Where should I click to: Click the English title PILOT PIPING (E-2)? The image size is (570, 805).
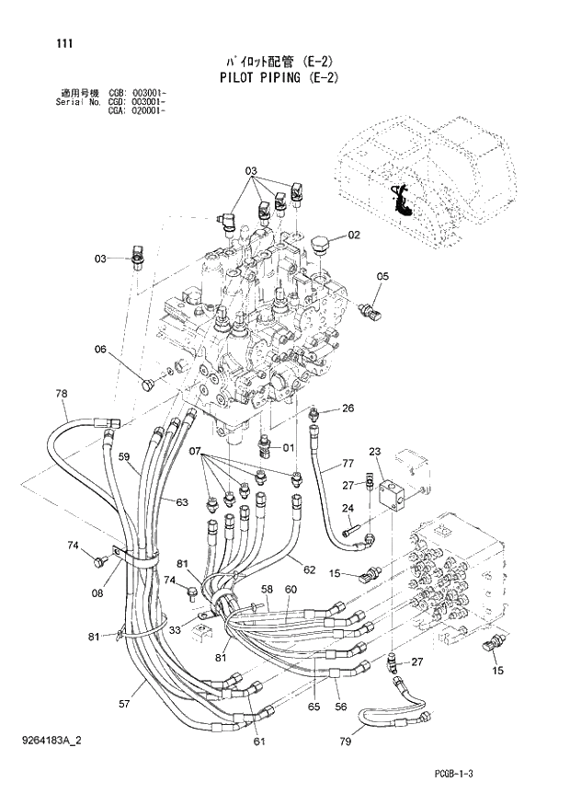pos(279,77)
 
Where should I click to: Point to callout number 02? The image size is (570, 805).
pos(354,236)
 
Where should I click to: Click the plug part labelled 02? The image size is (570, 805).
pos(320,244)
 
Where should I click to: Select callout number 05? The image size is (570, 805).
pos(382,276)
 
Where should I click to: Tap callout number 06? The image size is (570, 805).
pos(100,349)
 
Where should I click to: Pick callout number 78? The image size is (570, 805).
pos(62,394)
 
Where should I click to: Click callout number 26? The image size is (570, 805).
pos(348,408)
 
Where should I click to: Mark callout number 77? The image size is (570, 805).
pos(348,463)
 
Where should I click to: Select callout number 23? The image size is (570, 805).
pos(375,451)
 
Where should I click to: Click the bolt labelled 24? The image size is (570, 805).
pos(351,532)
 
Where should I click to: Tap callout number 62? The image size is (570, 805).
pos(309,569)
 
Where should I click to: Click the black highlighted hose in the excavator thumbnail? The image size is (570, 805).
pos(402,200)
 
